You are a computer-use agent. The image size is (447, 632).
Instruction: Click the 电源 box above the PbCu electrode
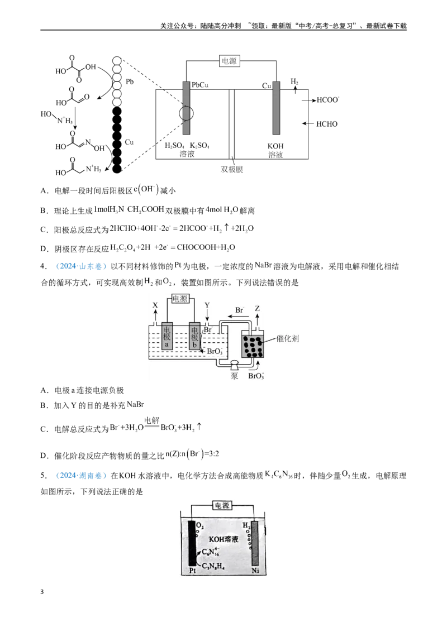(x=229, y=61)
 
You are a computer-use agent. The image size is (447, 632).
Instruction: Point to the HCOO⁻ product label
(x=327, y=99)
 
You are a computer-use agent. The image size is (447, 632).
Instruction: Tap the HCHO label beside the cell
(x=327, y=124)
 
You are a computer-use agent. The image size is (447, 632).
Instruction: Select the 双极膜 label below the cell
(x=232, y=169)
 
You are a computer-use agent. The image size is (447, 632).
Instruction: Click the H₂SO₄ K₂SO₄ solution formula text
(x=187, y=145)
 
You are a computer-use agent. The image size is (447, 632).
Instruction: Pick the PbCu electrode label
(x=200, y=85)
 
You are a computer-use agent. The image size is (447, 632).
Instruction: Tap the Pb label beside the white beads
(x=130, y=82)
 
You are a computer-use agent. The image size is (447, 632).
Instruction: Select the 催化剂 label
(x=288, y=338)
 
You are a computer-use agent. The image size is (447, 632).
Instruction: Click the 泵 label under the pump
(x=234, y=376)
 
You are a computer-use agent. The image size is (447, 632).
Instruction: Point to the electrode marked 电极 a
(x=167, y=336)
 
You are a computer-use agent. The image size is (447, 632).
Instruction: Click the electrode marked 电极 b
(x=194, y=336)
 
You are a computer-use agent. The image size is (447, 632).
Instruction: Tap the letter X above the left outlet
(x=155, y=305)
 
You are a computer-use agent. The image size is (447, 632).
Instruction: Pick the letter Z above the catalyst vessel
(x=258, y=308)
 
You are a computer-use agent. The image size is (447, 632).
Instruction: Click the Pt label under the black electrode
(x=192, y=571)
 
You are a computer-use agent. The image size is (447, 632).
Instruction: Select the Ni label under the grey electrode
(x=255, y=571)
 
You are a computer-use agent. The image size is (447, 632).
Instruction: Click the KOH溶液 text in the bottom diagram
(x=223, y=539)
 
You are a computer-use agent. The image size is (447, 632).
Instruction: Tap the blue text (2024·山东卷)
(x=80, y=266)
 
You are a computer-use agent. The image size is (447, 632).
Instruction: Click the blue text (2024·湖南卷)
(x=80, y=475)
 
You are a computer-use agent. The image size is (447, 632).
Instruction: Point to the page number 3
(x=42, y=592)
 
